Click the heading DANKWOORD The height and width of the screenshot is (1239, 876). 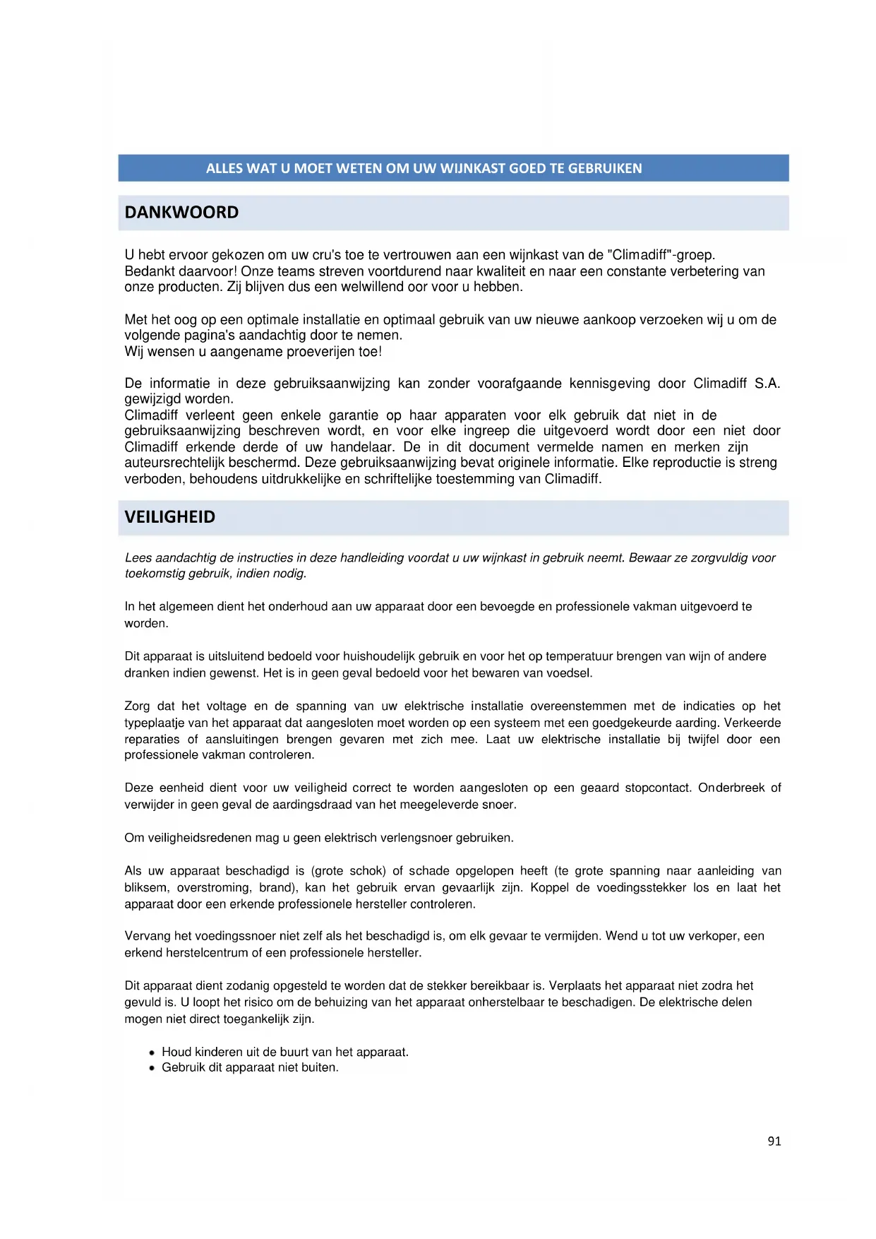(181, 213)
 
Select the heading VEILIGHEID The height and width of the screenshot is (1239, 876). (169, 517)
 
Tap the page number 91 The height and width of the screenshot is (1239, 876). (774, 1141)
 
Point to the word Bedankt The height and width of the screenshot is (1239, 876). (149, 271)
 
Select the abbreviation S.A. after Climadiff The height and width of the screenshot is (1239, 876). (767, 384)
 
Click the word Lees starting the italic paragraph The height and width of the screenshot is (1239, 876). (138, 558)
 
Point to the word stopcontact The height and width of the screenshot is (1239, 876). (657, 788)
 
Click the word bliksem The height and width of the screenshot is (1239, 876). (147, 888)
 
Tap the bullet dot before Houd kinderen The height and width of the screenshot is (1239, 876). (152, 1053)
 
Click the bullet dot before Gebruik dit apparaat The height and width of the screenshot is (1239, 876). (152, 1068)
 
